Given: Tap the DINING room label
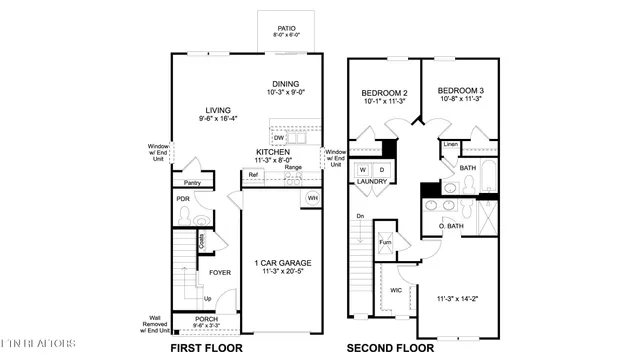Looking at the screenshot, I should [286, 84].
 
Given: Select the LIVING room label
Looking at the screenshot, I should [193, 111].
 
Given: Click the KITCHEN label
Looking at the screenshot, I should [273, 151].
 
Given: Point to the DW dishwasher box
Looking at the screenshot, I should [278, 138].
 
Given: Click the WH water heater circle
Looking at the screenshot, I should [312, 197].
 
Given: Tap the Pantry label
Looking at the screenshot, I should [193, 183].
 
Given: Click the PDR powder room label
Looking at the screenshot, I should [183, 199].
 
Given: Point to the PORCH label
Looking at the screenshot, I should [206, 319].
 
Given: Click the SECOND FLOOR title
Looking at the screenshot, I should [390, 348].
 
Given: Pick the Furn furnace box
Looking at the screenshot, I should [384, 243].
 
